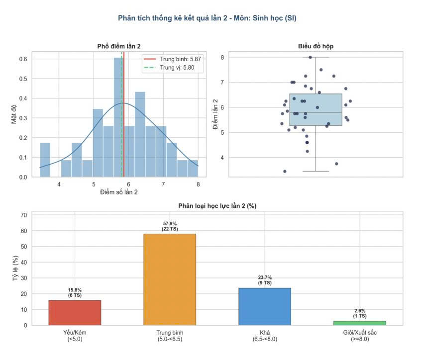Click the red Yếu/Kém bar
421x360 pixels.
point(75,313)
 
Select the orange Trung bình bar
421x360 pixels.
point(170,279)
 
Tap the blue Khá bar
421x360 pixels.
point(265,307)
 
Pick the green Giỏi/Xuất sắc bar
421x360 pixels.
point(360,323)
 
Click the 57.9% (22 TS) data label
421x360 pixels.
point(170,226)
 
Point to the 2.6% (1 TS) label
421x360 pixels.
point(360,313)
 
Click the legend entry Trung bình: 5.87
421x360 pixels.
point(172,59)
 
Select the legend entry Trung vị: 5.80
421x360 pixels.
point(169,68)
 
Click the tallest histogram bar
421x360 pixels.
point(118,117)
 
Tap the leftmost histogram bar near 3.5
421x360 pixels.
point(45,160)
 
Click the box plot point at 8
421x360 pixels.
point(310,57)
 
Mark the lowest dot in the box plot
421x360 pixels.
point(285,171)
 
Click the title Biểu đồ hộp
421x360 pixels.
point(316,46)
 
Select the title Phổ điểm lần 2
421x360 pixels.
point(119,46)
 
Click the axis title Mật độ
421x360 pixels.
point(14,114)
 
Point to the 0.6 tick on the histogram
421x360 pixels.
point(23,59)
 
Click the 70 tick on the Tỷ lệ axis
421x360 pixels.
point(24,215)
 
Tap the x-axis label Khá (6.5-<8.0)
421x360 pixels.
point(265,336)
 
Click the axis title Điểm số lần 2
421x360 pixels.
point(119,192)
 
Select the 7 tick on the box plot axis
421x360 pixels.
point(222,83)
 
